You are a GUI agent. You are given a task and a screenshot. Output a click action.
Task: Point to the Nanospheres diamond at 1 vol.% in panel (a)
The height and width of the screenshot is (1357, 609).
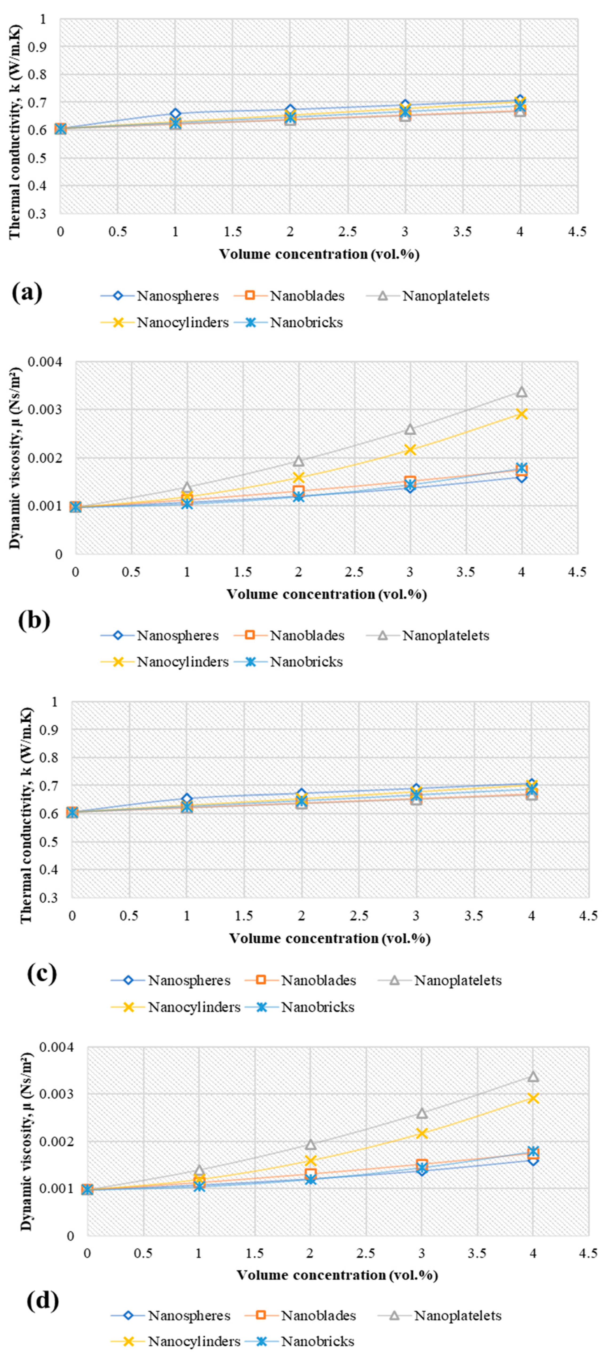[x=175, y=114]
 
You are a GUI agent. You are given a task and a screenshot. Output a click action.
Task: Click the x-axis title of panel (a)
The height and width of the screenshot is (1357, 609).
[x=319, y=254]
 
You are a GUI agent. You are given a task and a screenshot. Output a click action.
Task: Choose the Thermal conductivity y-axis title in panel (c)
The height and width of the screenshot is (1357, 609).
[x=26, y=800]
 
